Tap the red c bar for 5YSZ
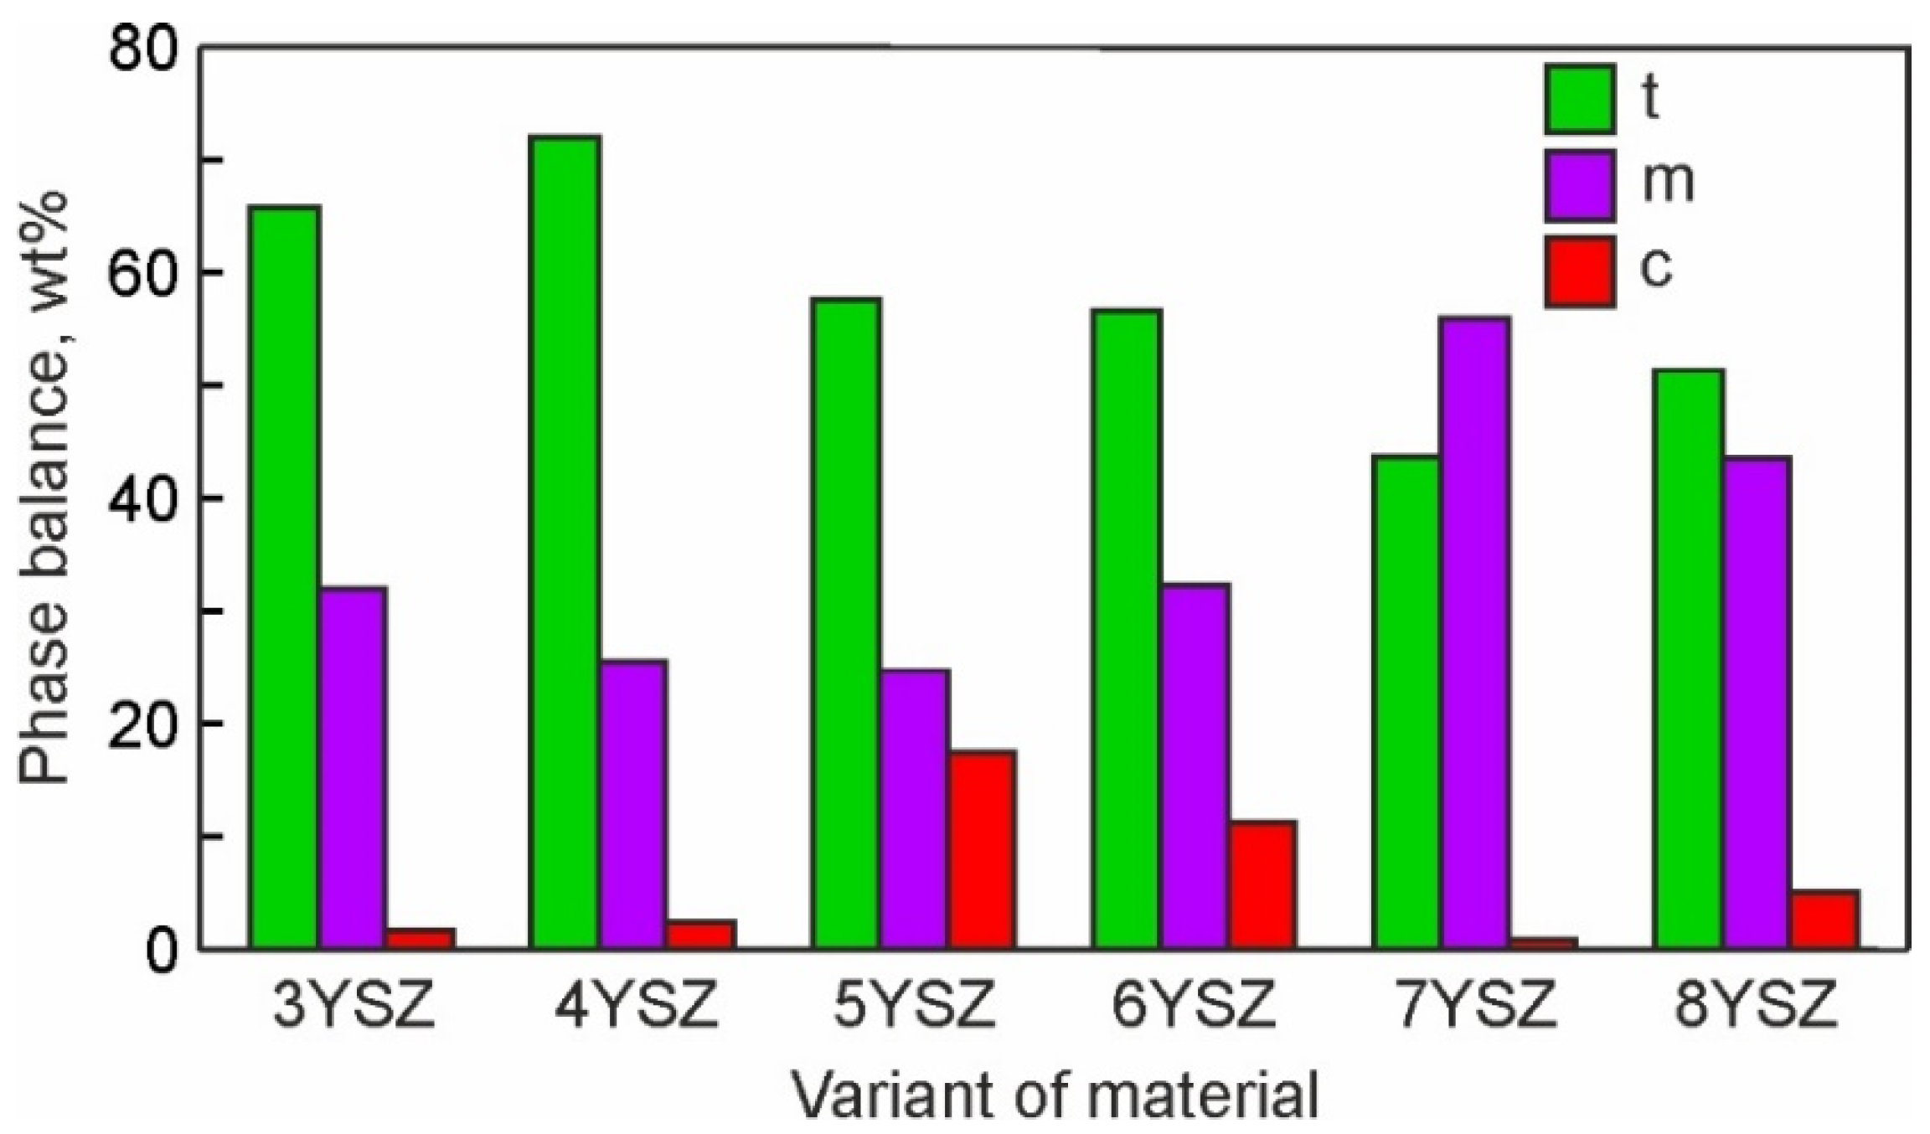pos(982,849)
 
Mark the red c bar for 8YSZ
pos(1824,919)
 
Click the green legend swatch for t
pos(1579,99)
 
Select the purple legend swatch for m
pos(1579,186)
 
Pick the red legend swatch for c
pos(1579,272)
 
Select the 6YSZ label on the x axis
pos(1194,1006)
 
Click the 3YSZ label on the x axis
pos(353,1006)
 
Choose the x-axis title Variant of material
pos(1055,1095)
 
